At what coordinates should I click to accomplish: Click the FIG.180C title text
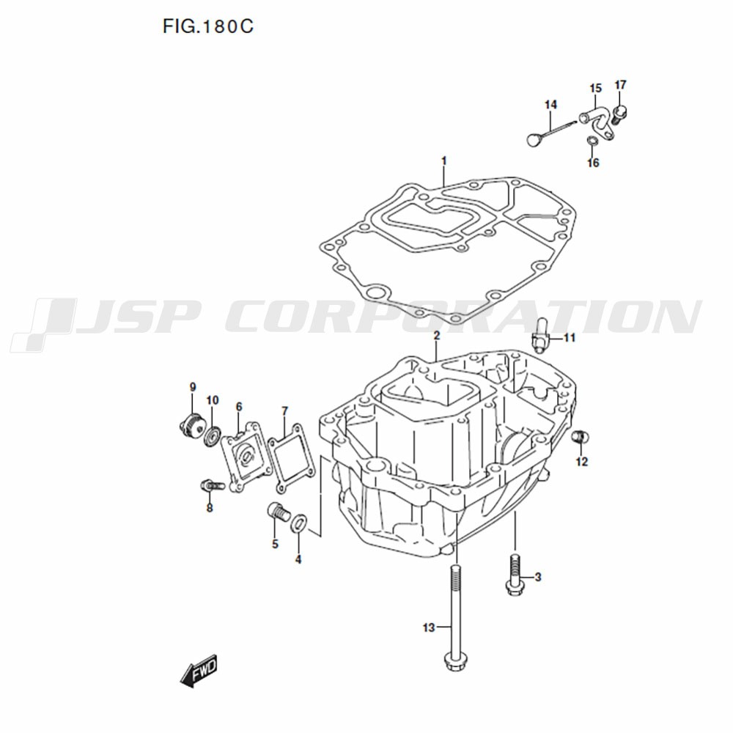(208, 26)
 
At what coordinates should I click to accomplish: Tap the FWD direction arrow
(199, 671)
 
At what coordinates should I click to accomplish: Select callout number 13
(429, 628)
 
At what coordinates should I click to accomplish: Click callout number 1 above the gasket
(444, 161)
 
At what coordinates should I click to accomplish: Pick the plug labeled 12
(580, 437)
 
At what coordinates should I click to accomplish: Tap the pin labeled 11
(540, 335)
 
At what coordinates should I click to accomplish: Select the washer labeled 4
(299, 523)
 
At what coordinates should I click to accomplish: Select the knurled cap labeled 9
(193, 424)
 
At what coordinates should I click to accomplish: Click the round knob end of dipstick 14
(534, 139)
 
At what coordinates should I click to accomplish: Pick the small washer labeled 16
(592, 140)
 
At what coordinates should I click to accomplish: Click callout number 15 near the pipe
(595, 89)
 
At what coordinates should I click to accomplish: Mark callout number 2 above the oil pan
(437, 335)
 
